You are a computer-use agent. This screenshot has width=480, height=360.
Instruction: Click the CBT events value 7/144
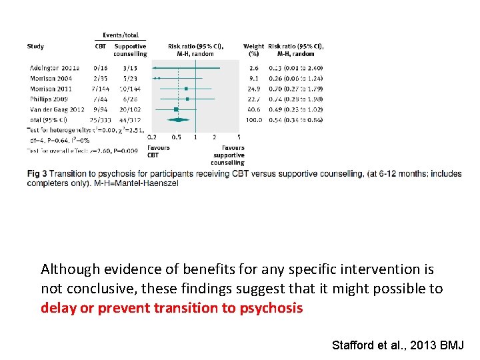tap(102, 89)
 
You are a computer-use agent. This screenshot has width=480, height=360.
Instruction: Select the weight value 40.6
tap(253, 109)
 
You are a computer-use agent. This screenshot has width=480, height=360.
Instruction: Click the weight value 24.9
tap(253, 89)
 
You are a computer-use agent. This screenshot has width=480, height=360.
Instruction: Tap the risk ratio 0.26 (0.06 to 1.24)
tap(295, 78)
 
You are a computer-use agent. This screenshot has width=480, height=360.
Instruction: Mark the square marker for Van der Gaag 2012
tap(176, 109)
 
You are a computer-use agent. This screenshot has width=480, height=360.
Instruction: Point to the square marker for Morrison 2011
tap(186, 89)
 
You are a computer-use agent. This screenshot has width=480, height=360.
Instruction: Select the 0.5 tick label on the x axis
tap(176, 137)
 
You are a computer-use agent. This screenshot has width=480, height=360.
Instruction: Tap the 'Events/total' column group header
tap(121, 35)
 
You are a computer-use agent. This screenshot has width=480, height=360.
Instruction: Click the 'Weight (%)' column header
tap(253, 50)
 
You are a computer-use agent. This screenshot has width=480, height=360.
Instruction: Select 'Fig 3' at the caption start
tap(37, 174)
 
